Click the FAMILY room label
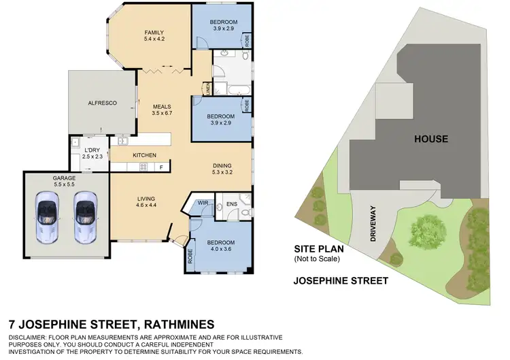tap(154, 35)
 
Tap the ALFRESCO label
tap(102, 103)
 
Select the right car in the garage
tap(84, 216)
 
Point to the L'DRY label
tap(92, 153)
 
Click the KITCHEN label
tap(144, 156)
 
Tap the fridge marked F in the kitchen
tap(161, 167)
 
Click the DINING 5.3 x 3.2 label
tap(222, 168)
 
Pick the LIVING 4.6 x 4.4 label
tap(146, 201)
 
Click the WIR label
tap(202, 202)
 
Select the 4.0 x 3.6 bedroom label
tap(221, 246)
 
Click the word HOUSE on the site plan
tap(432, 139)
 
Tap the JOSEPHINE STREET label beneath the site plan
tap(341, 280)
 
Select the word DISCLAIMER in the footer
tap(31, 338)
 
